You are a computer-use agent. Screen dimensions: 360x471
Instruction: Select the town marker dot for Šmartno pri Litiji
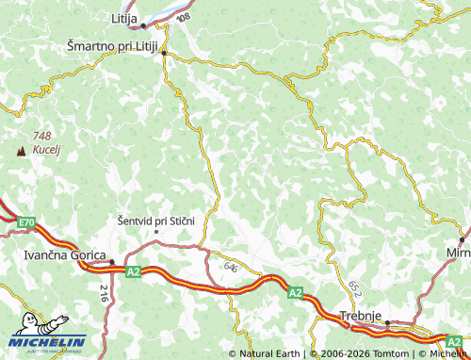164,54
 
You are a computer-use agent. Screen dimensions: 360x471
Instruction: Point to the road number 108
182,18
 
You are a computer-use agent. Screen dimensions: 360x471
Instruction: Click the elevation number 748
41,136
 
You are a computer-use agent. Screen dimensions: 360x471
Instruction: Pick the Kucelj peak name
46,150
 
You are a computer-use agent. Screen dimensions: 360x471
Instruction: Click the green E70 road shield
25,222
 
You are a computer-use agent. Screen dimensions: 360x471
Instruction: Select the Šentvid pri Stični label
155,220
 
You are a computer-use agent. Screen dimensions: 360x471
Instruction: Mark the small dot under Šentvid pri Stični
156,231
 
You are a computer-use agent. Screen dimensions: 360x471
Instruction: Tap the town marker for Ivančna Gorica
111,262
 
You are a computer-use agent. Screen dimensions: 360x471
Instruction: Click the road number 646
231,268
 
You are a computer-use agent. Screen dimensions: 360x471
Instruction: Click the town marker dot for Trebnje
386,322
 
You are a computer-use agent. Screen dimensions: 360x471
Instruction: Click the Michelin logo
46,341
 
